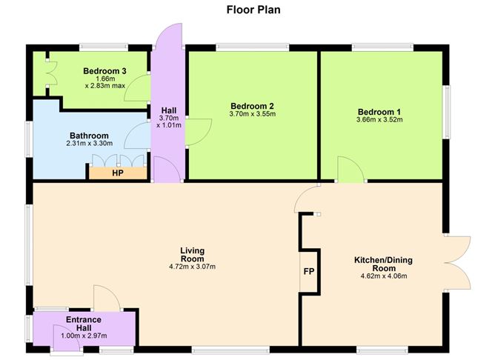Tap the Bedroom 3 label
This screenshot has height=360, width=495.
click(104, 71)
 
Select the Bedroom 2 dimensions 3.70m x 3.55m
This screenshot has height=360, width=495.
click(252, 114)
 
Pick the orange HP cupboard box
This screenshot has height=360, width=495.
click(117, 173)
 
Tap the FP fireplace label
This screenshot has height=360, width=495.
click(309, 271)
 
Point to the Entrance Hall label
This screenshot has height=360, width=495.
click(82, 323)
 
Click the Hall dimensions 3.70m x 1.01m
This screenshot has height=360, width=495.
click(168, 121)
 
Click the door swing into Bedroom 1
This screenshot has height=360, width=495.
click(349, 170)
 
